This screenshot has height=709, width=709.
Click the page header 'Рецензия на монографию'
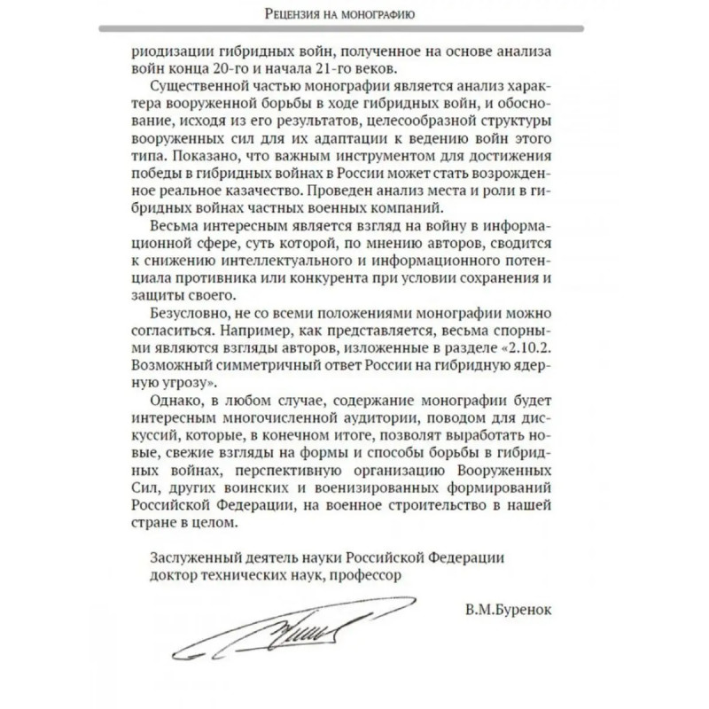(354, 14)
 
